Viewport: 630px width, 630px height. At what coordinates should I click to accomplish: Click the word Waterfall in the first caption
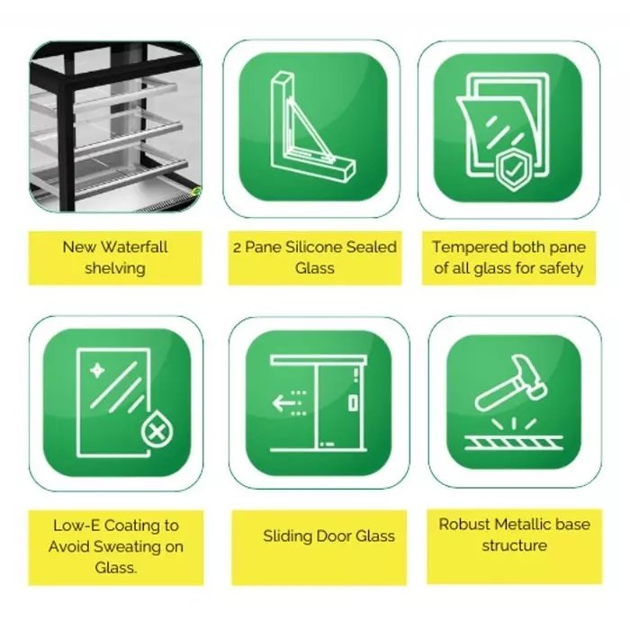click(134, 247)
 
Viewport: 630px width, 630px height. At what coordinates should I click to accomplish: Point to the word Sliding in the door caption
click(287, 536)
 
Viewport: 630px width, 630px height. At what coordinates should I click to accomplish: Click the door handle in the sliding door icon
click(353, 403)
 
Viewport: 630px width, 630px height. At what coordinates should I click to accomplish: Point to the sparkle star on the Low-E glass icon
click(95, 369)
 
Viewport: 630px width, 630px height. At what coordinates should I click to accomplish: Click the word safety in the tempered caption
click(562, 267)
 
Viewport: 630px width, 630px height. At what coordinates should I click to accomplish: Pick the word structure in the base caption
click(514, 545)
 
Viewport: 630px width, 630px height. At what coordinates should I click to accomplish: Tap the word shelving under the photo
click(115, 267)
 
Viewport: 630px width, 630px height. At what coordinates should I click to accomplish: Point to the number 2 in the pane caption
click(237, 247)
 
